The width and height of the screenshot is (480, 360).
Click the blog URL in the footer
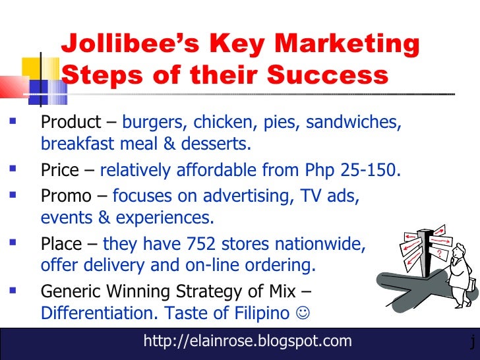pos(247,341)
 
